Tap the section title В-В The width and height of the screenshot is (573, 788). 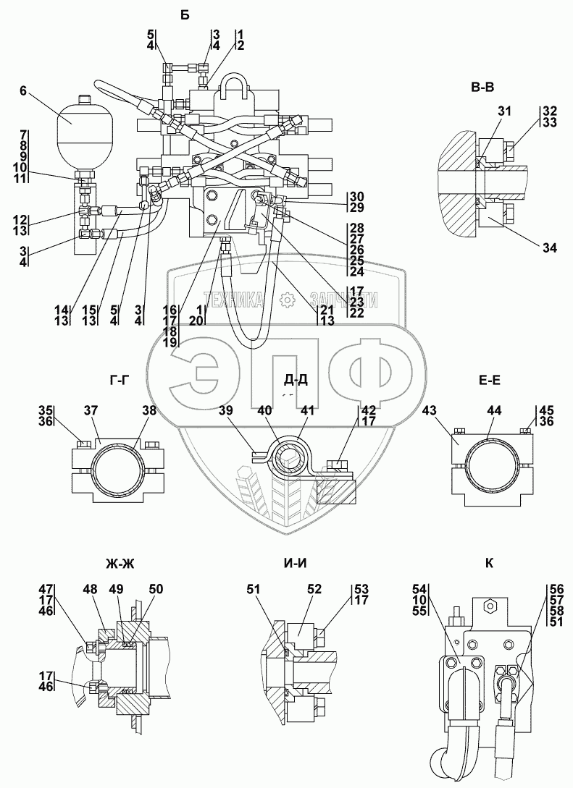[x=482, y=88]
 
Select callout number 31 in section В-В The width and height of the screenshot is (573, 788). [x=505, y=111]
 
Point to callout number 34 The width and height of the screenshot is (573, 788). [x=549, y=247]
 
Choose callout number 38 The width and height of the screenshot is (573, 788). [x=149, y=411]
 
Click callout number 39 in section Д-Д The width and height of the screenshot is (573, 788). [x=227, y=411]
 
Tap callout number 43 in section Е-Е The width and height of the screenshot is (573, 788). [x=429, y=411]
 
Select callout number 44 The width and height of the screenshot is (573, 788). [x=494, y=411]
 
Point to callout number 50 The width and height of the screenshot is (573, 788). [x=156, y=588]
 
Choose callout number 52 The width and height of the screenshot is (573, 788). [x=314, y=588]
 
